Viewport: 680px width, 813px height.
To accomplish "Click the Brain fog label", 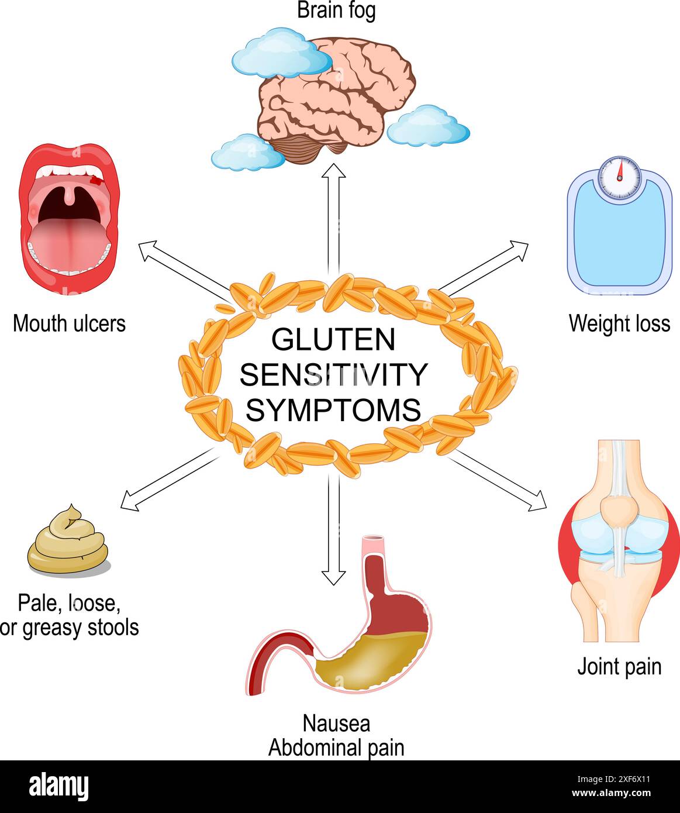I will click(x=336, y=11).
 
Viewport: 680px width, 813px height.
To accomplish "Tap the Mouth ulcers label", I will click(x=69, y=323).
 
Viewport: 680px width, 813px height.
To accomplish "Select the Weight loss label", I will click(x=619, y=323).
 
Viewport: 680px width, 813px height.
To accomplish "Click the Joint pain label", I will click(x=619, y=666).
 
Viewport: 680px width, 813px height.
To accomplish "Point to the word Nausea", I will click(x=336, y=724).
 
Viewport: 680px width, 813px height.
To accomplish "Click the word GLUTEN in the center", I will click(x=333, y=340).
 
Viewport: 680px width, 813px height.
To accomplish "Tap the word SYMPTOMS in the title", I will click(x=333, y=410).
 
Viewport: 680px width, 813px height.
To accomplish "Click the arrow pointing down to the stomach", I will click(x=334, y=526).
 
